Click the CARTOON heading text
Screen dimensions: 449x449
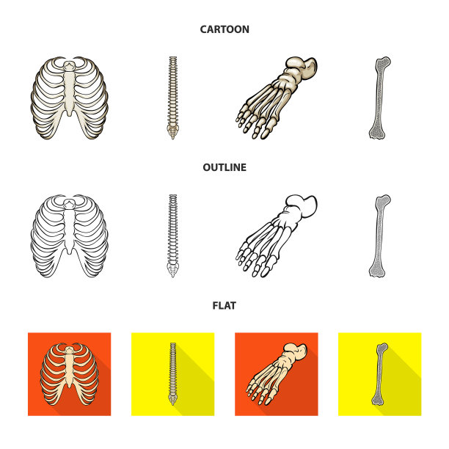pyautogui.click(x=224, y=29)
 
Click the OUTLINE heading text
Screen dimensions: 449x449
pyautogui.click(x=224, y=167)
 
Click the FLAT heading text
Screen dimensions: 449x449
pyautogui.click(x=224, y=306)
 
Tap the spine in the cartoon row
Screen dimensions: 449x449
pyautogui.click(x=172, y=98)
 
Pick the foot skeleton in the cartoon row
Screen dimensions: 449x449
pyautogui.click(x=277, y=98)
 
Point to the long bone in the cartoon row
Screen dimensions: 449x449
pyautogui.click(x=379, y=98)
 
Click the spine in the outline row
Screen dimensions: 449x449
pyautogui.click(x=172, y=236)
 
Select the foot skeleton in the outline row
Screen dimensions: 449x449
pyautogui.click(x=277, y=236)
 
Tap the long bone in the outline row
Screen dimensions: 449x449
pyautogui.click(x=379, y=236)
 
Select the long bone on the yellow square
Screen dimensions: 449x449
pyautogui.click(x=379, y=374)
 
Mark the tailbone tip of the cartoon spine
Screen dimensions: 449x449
pyautogui.click(x=172, y=139)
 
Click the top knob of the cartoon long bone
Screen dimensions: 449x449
pyautogui.click(x=383, y=62)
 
